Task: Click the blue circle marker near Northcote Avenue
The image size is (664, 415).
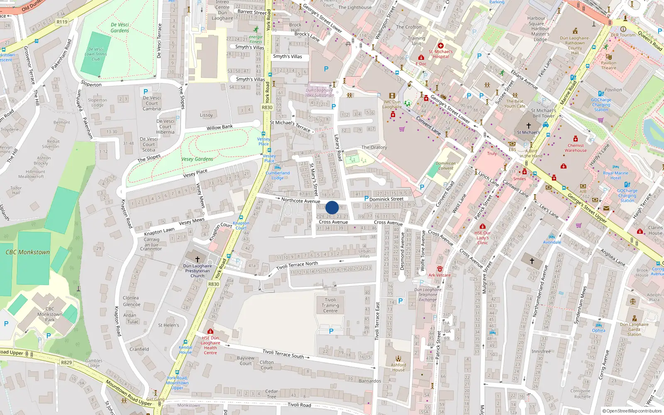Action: pyautogui.click(x=332, y=207)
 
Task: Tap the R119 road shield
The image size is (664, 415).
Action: pyautogui.click(x=62, y=22)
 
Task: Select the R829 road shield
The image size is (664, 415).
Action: pyautogui.click(x=66, y=362)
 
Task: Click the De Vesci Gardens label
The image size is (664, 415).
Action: pyautogui.click(x=120, y=28)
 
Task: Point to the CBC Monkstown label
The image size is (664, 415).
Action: pyautogui.click(x=27, y=252)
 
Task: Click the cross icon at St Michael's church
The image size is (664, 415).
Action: pyautogui.click(x=529, y=125)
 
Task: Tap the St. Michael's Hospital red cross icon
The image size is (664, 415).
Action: pyautogui.click(x=441, y=46)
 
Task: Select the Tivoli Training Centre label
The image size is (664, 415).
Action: pyautogui.click(x=330, y=305)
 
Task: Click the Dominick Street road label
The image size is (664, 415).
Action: pyautogui.click(x=386, y=199)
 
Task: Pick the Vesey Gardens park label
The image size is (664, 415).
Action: pyautogui.click(x=197, y=159)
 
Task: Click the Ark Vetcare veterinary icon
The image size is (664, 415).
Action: pyautogui.click(x=440, y=269)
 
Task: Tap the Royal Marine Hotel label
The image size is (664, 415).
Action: pyautogui.click(x=615, y=176)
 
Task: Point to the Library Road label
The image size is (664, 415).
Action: pyautogui.click(x=339, y=148)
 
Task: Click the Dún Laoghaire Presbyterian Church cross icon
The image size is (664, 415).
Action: pyautogui.click(x=198, y=259)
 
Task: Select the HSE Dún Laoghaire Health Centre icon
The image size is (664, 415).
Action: pyautogui.click(x=210, y=332)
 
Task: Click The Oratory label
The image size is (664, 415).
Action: pyautogui.click(x=374, y=147)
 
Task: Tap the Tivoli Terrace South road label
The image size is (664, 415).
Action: pyautogui.click(x=283, y=354)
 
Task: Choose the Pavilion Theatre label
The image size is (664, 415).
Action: pyautogui.click(x=608, y=66)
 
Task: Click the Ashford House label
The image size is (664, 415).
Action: pyautogui.click(x=398, y=367)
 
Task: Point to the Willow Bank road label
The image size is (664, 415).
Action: pyautogui.click(x=220, y=127)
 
